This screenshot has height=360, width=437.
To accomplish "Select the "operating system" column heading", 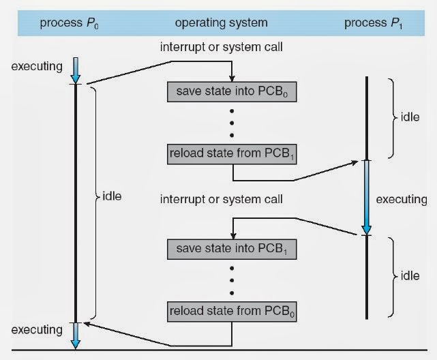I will point(221,23).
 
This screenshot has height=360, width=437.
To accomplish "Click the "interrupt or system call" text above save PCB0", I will point(221,47).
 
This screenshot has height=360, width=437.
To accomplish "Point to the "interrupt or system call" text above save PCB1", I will point(221,200).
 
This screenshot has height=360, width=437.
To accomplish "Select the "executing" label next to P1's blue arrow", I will point(400,200).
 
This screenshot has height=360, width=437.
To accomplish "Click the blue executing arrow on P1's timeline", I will point(367,198).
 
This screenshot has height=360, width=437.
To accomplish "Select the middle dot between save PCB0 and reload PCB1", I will point(232,123).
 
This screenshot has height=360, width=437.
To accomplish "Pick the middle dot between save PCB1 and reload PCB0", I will point(232,280).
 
